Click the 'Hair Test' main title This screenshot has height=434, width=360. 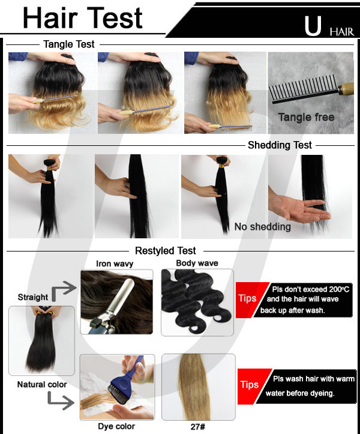point(82,18)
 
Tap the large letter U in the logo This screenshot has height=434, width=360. point(313,26)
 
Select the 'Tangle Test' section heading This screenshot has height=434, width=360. point(69,44)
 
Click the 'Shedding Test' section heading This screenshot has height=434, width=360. point(280,145)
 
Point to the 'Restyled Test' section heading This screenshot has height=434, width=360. point(165,251)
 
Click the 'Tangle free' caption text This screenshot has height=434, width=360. point(306,117)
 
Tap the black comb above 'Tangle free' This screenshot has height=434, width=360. point(311,91)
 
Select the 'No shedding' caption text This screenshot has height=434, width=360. point(262,227)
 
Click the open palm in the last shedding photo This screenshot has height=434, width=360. point(300,208)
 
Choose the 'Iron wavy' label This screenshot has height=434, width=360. point(115,264)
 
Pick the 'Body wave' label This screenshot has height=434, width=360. point(197,263)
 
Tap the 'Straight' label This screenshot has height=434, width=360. point(32,297)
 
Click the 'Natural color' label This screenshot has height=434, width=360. point(42,384)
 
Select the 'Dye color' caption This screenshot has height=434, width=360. point(116,426)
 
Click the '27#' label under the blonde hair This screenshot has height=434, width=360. point(198,427)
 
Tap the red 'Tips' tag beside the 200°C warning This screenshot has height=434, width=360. point(248,300)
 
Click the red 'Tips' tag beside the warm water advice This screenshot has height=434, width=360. point(250,386)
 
